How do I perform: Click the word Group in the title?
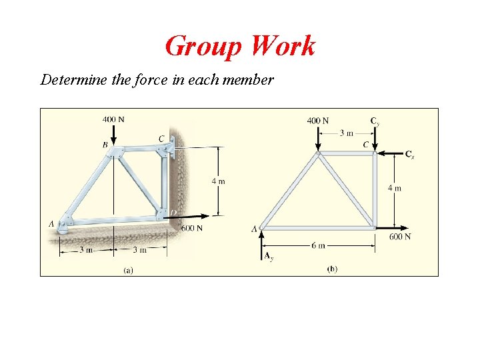pos(203,47)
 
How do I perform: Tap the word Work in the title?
pos(282,47)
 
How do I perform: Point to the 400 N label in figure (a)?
pos(113,119)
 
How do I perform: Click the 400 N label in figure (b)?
pos(317,121)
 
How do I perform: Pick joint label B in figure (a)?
pos(105,144)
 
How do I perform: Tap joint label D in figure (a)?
pos(173,213)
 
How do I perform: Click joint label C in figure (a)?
pos(161,139)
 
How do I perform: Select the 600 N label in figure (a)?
pos(192,228)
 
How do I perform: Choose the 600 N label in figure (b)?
pos(400,237)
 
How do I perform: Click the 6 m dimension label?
pos(318,245)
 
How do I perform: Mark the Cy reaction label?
pos(375,121)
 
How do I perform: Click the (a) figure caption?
pos(128,269)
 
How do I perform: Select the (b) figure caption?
pos(332,269)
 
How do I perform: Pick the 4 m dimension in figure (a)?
pos(218,181)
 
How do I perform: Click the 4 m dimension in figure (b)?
pos(395,188)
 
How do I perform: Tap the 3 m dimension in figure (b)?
pos(346,133)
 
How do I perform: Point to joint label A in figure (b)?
pos(254,229)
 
